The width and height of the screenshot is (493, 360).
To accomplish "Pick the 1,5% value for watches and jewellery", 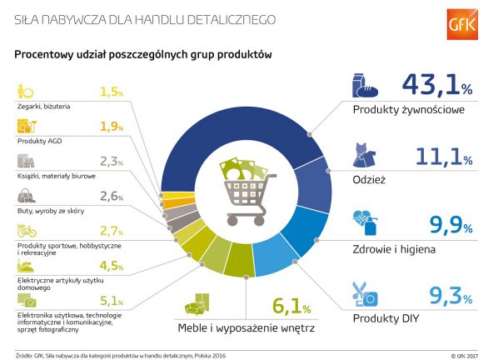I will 111,92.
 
